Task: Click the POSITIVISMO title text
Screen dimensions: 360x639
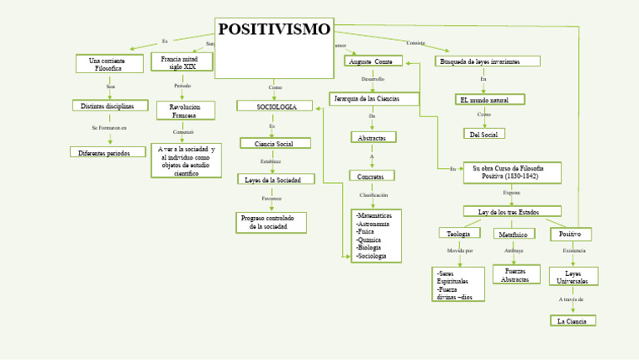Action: click(x=275, y=30)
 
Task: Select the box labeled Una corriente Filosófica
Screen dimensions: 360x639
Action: click(x=109, y=64)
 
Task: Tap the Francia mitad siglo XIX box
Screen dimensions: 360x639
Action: click(x=182, y=63)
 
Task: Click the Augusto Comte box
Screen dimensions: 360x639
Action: click(x=373, y=62)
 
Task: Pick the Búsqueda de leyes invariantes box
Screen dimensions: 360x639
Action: click(x=488, y=62)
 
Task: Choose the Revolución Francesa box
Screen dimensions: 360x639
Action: click(x=185, y=111)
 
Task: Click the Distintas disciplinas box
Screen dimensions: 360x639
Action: click(x=110, y=106)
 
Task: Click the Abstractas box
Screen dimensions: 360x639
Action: click(x=372, y=137)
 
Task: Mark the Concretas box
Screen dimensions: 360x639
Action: click(x=371, y=175)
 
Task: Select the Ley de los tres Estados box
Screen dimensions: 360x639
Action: click(x=511, y=212)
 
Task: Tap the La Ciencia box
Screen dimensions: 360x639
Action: click(x=572, y=320)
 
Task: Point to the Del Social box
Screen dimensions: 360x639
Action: click(x=483, y=134)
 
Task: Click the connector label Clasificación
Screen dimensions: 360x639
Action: click(x=374, y=195)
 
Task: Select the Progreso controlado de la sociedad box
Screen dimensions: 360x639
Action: click(x=271, y=222)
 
